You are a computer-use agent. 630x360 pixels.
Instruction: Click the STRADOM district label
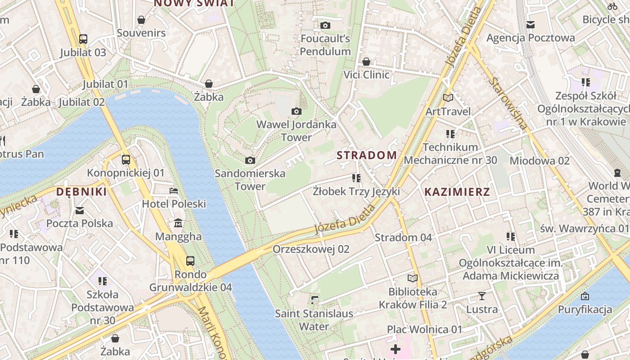click(367, 155)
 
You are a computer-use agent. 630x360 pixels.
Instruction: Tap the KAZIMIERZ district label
click(457, 192)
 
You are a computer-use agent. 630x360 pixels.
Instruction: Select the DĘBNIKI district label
click(81, 192)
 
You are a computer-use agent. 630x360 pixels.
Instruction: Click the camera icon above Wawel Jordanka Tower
click(296, 111)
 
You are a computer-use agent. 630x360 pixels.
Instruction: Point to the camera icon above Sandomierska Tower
click(250, 160)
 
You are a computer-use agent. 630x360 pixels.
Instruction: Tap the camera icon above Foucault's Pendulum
click(325, 25)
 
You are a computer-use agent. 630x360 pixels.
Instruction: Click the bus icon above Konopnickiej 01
click(126, 159)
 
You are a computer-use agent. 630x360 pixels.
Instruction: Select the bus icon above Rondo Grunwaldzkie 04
click(190, 261)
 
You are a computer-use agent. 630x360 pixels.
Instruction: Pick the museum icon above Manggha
click(178, 223)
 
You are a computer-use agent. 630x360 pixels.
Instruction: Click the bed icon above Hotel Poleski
click(174, 191)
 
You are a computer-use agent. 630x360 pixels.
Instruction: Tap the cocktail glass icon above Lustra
click(482, 296)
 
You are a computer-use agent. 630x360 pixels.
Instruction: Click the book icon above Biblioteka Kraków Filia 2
click(413, 278)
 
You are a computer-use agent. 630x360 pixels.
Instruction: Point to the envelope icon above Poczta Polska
click(80, 210)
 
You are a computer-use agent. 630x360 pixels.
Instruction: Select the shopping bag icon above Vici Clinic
click(366, 61)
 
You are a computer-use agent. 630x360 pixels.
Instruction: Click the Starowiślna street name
click(509, 103)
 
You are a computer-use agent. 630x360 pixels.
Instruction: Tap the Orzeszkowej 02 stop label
click(311, 249)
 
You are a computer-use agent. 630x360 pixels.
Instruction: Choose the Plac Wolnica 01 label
click(424, 329)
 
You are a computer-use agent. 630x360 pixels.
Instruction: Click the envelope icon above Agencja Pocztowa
click(531, 25)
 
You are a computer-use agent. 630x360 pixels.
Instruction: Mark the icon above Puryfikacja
click(585, 296)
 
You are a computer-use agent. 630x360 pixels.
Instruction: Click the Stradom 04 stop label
click(403, 237)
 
